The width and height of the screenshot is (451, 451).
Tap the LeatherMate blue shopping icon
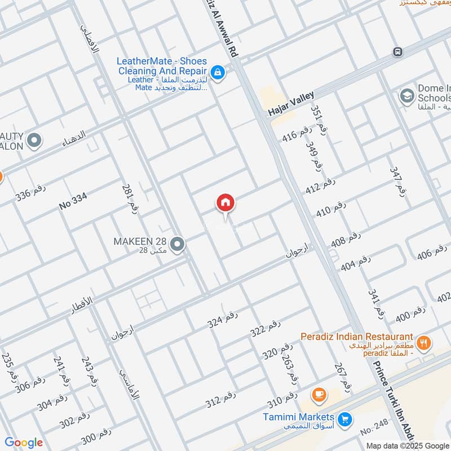point(216,72)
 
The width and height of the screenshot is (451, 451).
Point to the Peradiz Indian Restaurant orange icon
point(424,342)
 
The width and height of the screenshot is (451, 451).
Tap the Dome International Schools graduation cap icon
point(406,96)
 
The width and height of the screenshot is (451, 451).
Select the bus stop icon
point(398,52)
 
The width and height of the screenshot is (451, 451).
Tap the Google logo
point(24,443)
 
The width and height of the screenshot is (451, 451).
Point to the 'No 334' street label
point(73,202)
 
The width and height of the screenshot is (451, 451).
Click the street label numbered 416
point(297,134)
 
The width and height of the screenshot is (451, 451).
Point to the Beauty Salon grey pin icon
point(34,140)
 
